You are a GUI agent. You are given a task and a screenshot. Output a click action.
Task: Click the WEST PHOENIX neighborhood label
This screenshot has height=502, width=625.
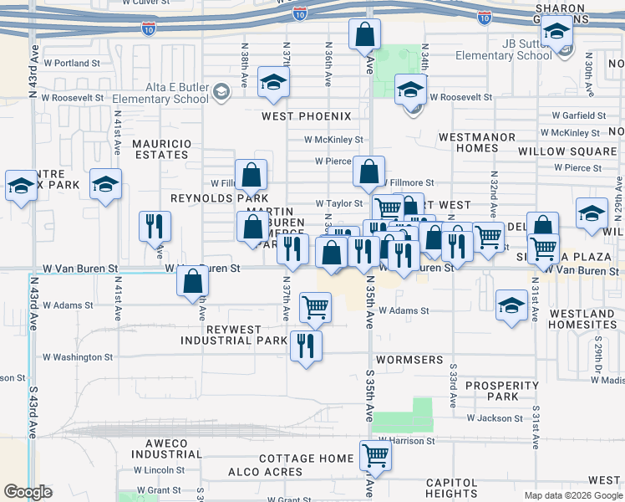click(x=306, y=116)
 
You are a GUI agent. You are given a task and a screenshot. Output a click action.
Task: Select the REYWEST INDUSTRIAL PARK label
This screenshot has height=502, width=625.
click(x=234, y=336)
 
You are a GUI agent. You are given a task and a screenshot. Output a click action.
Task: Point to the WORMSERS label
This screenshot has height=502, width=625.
click(x=409, y=360)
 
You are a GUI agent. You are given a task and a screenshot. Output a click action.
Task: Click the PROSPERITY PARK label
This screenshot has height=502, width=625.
click(x=503, y=391)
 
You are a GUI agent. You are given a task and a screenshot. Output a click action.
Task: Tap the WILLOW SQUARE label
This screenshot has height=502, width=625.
click(x=567, y=151)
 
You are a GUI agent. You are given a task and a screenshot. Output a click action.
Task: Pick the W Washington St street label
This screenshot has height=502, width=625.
click(x=78, y=357)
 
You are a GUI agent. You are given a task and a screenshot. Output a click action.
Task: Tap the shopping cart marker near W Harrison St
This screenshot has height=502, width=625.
click(x=376, y=455)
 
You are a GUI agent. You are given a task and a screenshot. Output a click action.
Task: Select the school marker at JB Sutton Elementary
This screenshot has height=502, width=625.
click(x=556, y=33)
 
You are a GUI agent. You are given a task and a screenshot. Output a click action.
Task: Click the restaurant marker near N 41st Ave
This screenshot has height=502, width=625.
click(x=155, y=226)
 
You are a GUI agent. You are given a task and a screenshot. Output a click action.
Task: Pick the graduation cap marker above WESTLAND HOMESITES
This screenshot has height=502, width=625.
click(x=511, y=305)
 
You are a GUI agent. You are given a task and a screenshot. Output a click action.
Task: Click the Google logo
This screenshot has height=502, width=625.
click(x=28, y=492)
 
